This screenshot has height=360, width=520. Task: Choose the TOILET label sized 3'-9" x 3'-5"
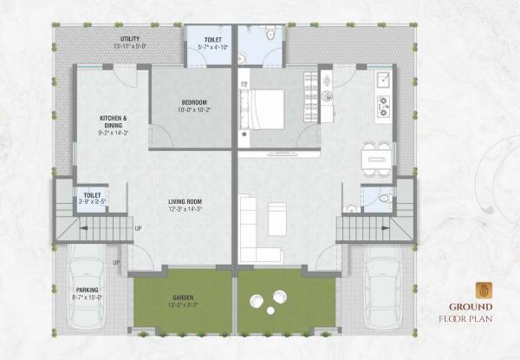pos(90,197)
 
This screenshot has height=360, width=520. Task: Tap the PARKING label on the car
pos(87,291)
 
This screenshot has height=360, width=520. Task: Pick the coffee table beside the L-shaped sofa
pos(276,213)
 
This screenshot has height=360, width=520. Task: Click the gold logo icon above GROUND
pos(483,290)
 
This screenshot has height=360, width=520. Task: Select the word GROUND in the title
pos(471,306)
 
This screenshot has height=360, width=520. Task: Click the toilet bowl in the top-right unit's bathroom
pos(271,37)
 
